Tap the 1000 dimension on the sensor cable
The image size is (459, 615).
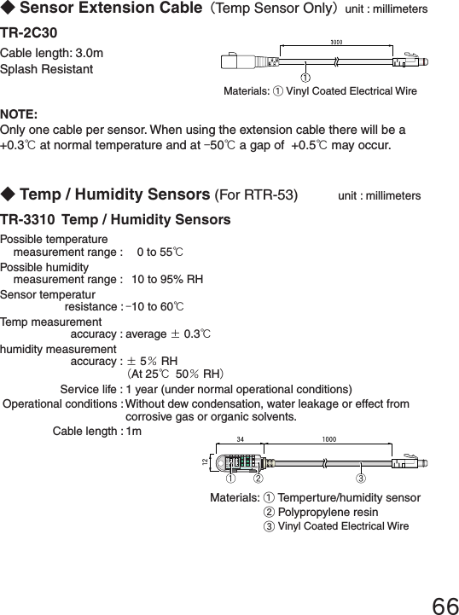[328, 439]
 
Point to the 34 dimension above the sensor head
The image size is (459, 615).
[241, 439]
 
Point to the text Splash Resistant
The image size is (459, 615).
[47, 69]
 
